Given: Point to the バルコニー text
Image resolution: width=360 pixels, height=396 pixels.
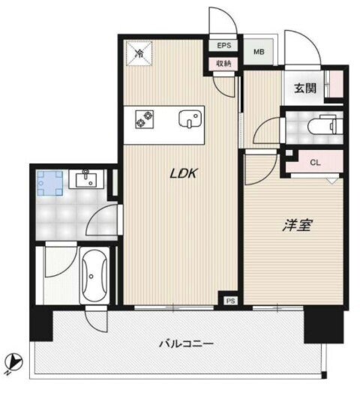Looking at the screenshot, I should click(187, 344).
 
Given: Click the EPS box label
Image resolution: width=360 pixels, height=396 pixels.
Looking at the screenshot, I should click(223, 46).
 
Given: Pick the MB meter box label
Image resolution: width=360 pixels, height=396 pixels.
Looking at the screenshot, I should click(259, 52).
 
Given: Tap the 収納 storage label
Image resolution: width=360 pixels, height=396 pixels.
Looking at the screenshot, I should click(223, 64).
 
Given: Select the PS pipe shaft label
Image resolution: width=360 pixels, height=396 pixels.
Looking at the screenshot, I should click(229, 301).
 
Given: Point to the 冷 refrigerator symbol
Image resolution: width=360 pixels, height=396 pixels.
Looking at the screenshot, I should click(139, 52).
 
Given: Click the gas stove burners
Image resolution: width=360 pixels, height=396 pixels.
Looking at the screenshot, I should click(143, 118).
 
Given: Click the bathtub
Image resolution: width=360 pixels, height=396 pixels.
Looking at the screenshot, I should click(93, 277).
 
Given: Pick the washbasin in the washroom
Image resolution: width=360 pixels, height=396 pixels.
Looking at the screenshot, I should click(82, 178).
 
